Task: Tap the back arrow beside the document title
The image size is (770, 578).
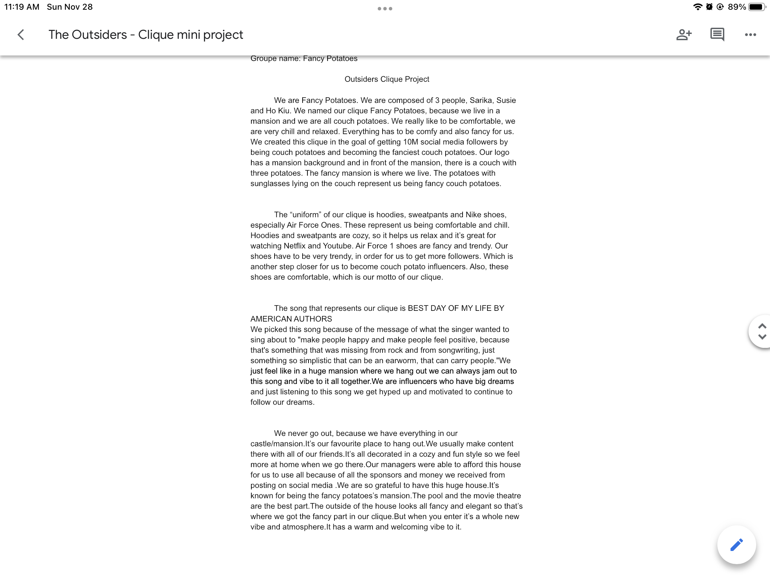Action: coord(21,35)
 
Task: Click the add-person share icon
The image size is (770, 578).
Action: coord(684,35)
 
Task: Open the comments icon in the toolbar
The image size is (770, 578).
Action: coord(717,35)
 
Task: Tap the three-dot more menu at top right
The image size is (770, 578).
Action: coord(750,35)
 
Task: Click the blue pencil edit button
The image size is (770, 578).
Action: coord(736,544)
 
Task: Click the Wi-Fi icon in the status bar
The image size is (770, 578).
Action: coord(697,7)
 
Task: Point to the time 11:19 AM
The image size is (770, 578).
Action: coord(21,7)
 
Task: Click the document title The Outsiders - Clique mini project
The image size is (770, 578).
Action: coord(145,35)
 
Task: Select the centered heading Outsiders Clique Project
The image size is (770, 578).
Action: coord(386,79)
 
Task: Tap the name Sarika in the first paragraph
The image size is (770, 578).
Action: coord(480,100)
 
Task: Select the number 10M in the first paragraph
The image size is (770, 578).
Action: coord(410,142)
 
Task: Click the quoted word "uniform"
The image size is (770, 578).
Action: coord(305,214)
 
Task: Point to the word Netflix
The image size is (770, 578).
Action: coord(294,246)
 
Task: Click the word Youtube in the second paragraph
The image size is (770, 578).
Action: coord(337,246)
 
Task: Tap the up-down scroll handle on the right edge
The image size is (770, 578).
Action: coord(762,331)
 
